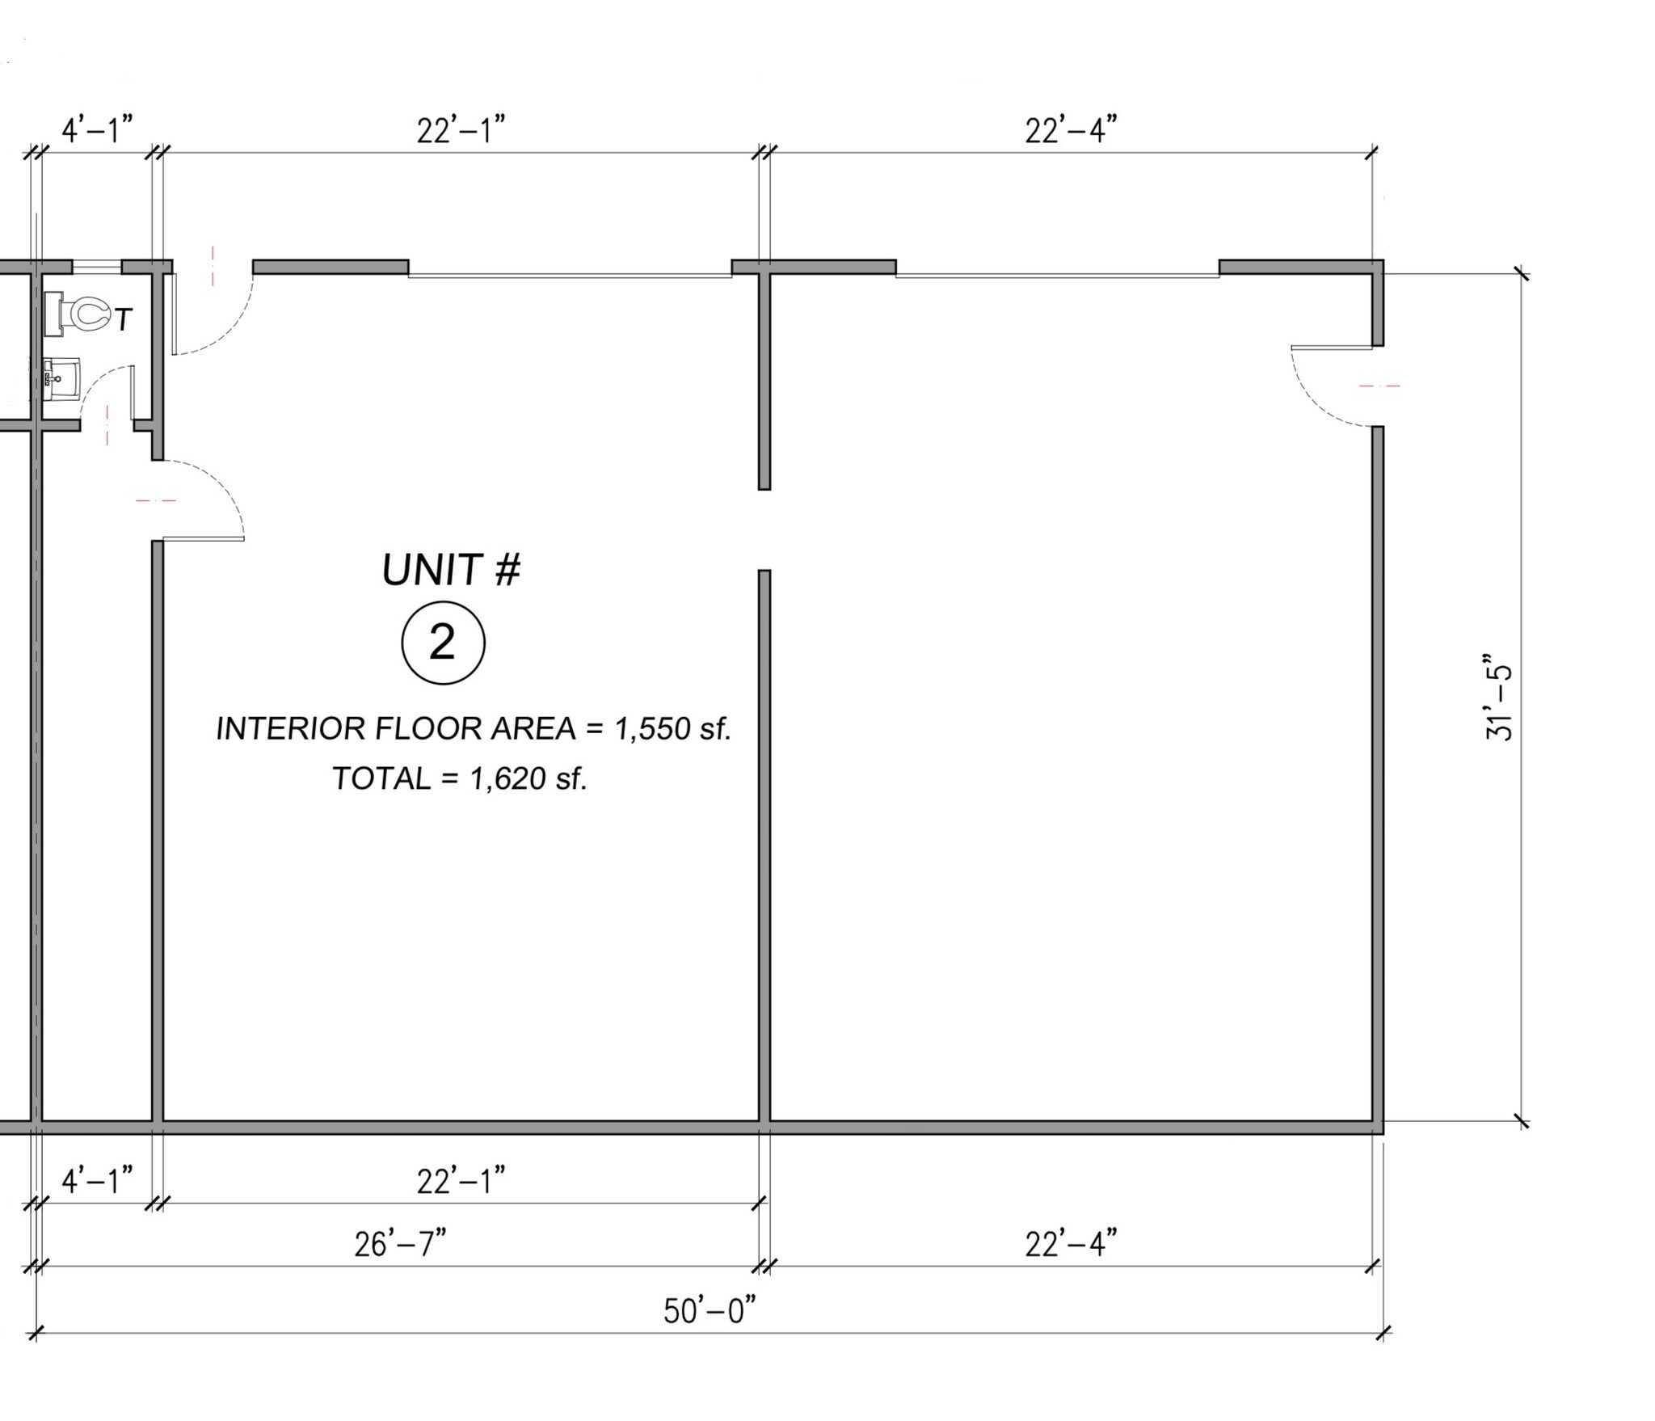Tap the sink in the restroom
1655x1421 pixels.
(x=61, y=379)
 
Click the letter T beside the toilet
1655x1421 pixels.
(x=123, y=321)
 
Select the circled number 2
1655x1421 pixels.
(x=443, y=643)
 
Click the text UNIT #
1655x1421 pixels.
(x=451, y=571)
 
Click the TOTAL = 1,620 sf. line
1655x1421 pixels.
(x=459, y=778)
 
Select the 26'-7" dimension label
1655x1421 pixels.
(x=400, y=1244)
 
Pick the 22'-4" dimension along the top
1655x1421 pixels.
(x=1071, y=130)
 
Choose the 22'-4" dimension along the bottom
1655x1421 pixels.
(x=1071, y=1244)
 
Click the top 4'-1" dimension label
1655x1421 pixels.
(x=97, y=129)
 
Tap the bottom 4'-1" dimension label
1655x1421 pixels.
(x=97, y=1181)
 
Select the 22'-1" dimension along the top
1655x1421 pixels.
(x=461, y=130)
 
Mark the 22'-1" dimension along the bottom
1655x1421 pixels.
(x=461, y=1182)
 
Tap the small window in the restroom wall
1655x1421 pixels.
(x=97, y=265)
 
